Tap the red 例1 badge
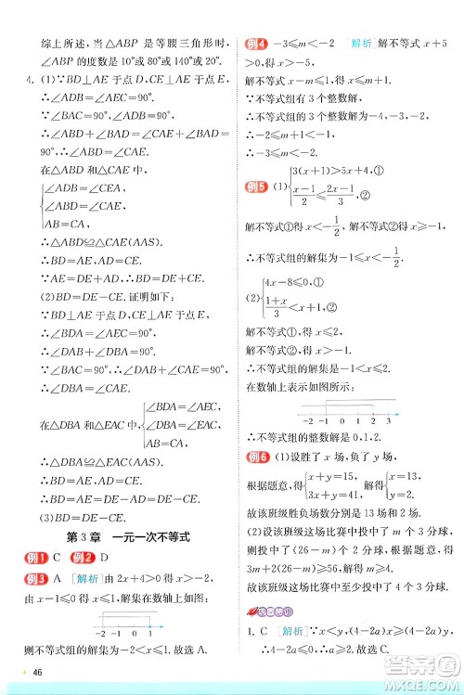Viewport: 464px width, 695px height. [x=38, y=559]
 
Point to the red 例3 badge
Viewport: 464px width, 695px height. [x=38, y=579]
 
